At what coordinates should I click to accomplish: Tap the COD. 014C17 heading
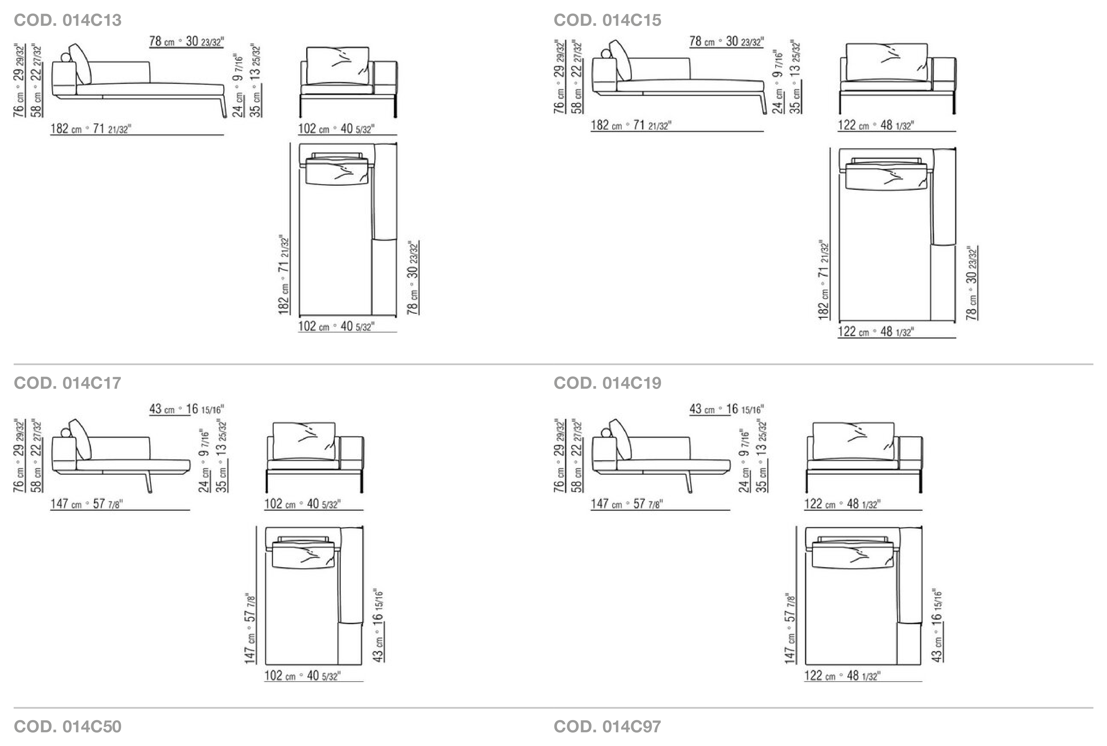(67, 383)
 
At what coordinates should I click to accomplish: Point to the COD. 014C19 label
(607, 383)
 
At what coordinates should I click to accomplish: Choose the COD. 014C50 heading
(67, 726)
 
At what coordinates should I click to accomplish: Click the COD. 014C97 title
(607, 726)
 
